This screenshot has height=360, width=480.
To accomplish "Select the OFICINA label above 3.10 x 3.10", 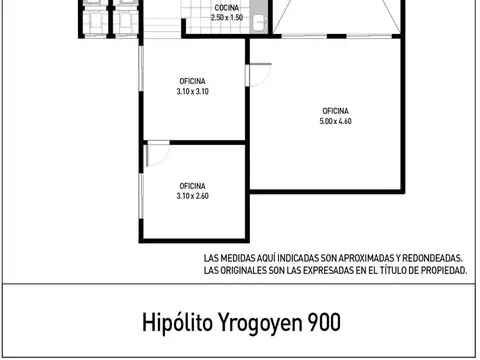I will click(x=193, y=82).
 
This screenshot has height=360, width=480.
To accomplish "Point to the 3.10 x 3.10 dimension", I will click(x=193, y=91).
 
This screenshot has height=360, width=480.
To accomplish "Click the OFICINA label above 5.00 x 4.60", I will click(x=336, y=111).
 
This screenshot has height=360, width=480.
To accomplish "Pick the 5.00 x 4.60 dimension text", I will click(x=336, y=121).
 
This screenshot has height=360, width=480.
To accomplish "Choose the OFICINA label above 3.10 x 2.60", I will click(x=193, y=186).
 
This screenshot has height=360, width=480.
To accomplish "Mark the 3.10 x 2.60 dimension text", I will click(x=193, y=196).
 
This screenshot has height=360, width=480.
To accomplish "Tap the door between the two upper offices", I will click(x=258, y=75).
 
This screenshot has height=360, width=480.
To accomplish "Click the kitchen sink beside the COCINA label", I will click(x=258, y=17).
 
